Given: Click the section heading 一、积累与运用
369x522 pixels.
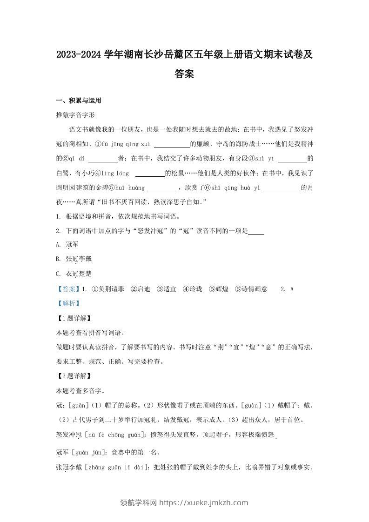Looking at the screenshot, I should point(78,100).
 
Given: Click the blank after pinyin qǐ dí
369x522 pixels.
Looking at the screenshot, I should point(102,158).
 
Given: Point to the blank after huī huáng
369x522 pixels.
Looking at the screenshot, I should point(162,187).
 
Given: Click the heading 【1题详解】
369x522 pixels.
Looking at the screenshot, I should point(73,318).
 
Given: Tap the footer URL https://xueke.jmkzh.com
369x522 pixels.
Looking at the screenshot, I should point(204,502).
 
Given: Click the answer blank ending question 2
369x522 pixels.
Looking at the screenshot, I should point(256,231).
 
